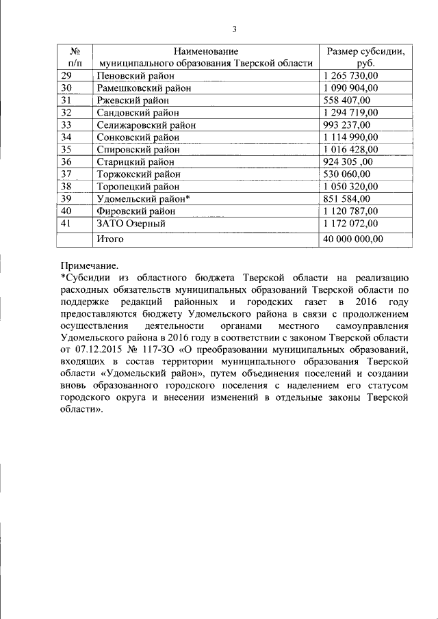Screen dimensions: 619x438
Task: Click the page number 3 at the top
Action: [234, 29]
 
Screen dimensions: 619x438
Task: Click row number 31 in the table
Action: [67, 100]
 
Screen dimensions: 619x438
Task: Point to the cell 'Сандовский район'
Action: [138, 112]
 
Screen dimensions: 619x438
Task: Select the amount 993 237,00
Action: [346, 124]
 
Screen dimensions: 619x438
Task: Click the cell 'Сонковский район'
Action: [138, 137]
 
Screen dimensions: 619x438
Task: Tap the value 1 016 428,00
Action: [350, 149]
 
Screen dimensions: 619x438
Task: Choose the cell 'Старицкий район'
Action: [136, 162]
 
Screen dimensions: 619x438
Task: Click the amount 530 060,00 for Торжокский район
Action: [346, 174]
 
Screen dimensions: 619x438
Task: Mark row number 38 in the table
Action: [67, 186]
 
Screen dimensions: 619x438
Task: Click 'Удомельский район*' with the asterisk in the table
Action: [143, 198]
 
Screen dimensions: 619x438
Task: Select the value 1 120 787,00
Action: [350, 211]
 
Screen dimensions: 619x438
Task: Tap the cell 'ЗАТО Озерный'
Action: [131, 223]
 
